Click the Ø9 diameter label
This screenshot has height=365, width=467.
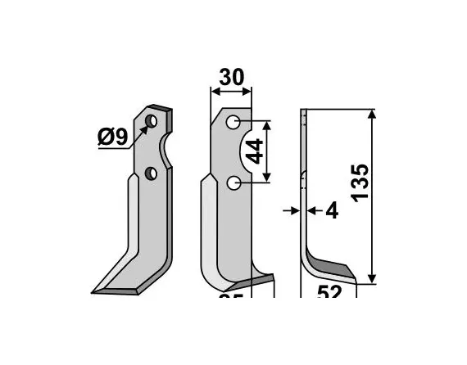coord(111,137)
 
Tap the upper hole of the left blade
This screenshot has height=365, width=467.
coord(152,123)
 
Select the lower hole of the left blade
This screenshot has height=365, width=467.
coord(152,173)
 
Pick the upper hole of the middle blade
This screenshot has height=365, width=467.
coord(233,123)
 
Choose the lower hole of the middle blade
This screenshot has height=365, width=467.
coord(234,183)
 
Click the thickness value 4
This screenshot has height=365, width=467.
coord(331,211)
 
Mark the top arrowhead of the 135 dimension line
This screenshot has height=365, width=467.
coord(374,115)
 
